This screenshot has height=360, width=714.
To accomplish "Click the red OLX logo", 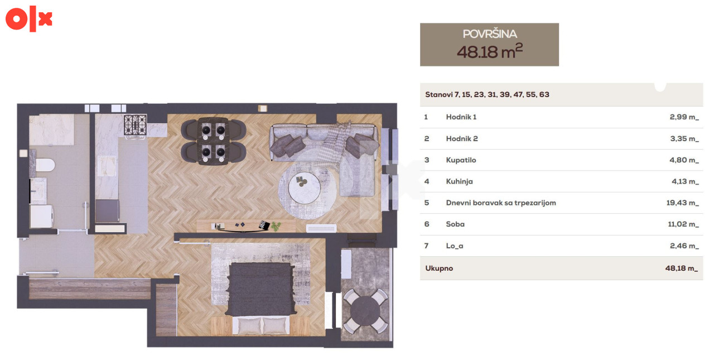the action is (28, 18).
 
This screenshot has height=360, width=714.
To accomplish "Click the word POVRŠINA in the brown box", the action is (490, 34).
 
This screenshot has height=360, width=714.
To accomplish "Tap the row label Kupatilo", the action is (461, 160).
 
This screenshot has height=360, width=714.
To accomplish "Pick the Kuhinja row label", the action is (459, 181).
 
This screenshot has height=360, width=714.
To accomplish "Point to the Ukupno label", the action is (439, 268).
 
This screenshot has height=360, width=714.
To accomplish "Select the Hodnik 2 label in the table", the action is (462, 139).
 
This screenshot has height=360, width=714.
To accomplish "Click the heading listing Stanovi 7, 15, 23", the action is (487, 94).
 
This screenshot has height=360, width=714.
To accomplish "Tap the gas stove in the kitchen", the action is (135, 125).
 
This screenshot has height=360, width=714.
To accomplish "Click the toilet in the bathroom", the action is (44, 165).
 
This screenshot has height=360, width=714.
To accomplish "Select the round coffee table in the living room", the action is (305, 188).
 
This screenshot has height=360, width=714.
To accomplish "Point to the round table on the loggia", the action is (365, 310).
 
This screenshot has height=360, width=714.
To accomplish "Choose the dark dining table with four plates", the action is (213, 141).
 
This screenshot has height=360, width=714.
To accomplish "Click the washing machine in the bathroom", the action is (41, 216).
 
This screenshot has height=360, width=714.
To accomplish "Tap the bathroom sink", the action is (38, 191).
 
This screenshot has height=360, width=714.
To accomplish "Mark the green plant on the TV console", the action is (276, 225).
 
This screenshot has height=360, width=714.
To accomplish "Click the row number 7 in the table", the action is (427, 246).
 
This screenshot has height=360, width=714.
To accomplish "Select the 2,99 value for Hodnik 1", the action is (684, 117).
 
